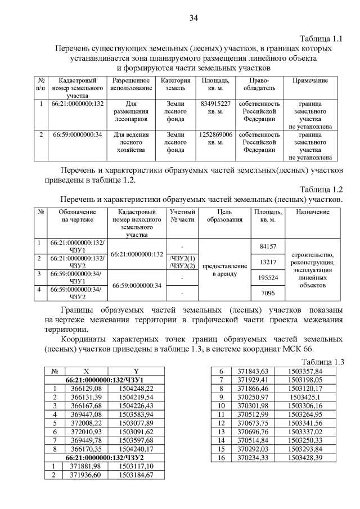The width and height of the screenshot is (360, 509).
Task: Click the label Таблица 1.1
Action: pos(321,39)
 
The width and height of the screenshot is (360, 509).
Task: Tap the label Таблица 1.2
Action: pos(321,189)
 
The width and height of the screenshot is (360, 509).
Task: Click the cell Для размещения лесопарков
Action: pos(130,111)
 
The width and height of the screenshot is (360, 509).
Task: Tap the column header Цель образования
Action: pos(224,215)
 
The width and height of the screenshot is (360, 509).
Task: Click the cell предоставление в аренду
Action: pos(224,269)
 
